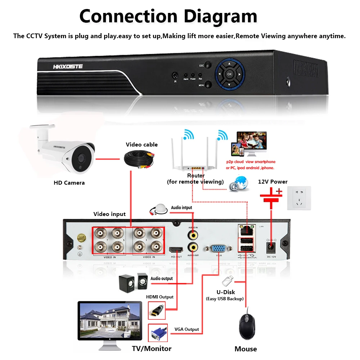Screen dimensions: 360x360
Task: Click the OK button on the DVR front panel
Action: coord(229,74)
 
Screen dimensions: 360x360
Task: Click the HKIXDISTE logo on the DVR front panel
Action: coord(68,66)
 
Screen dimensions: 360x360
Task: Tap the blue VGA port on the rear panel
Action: coord(218,248)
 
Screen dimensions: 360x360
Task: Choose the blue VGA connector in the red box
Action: coord(157,333)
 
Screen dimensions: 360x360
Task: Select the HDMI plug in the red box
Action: coord(157,310)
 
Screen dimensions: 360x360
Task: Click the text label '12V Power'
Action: coord(273,181)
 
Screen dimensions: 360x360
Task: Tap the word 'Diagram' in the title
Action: coord(220,16)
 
